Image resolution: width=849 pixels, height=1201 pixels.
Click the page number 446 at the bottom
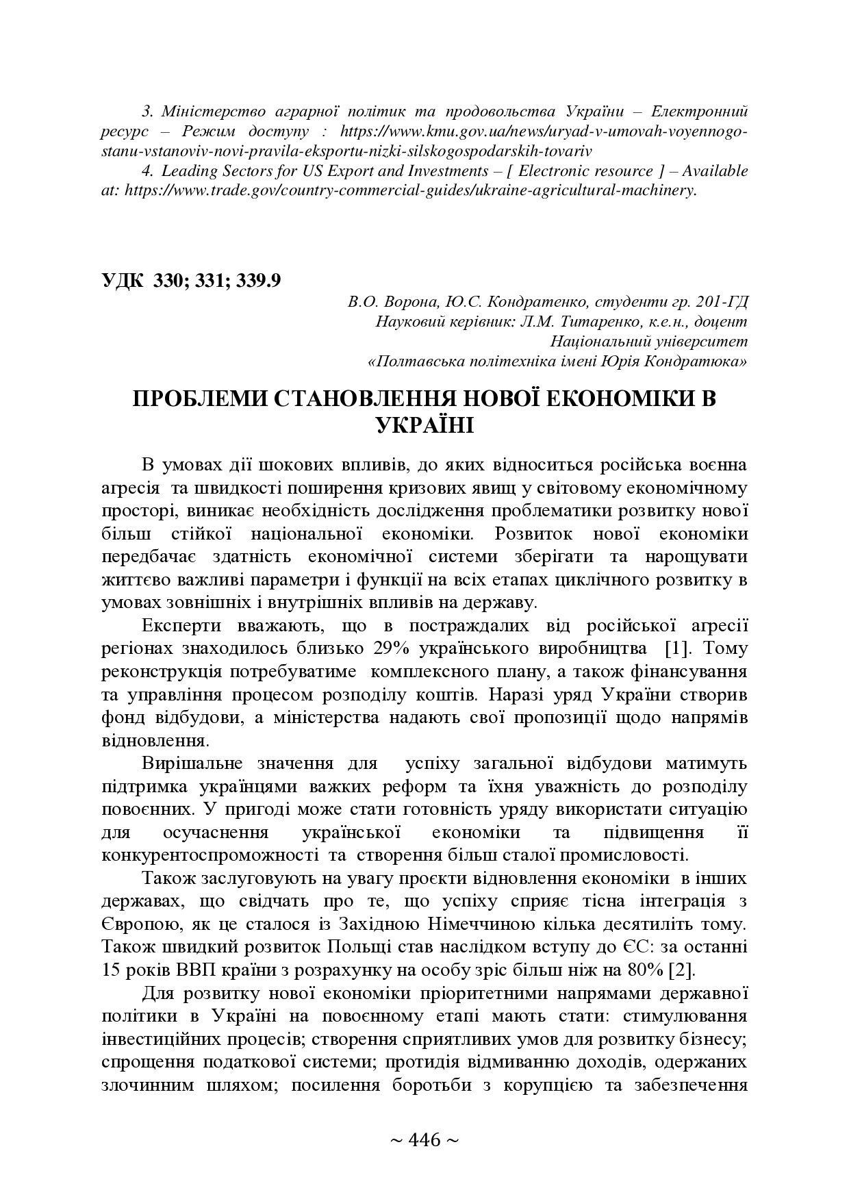pyautogui.click(x=424, y=1140)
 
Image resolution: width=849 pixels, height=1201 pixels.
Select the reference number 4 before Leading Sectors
pyautogui.click(x=147, y=170)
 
